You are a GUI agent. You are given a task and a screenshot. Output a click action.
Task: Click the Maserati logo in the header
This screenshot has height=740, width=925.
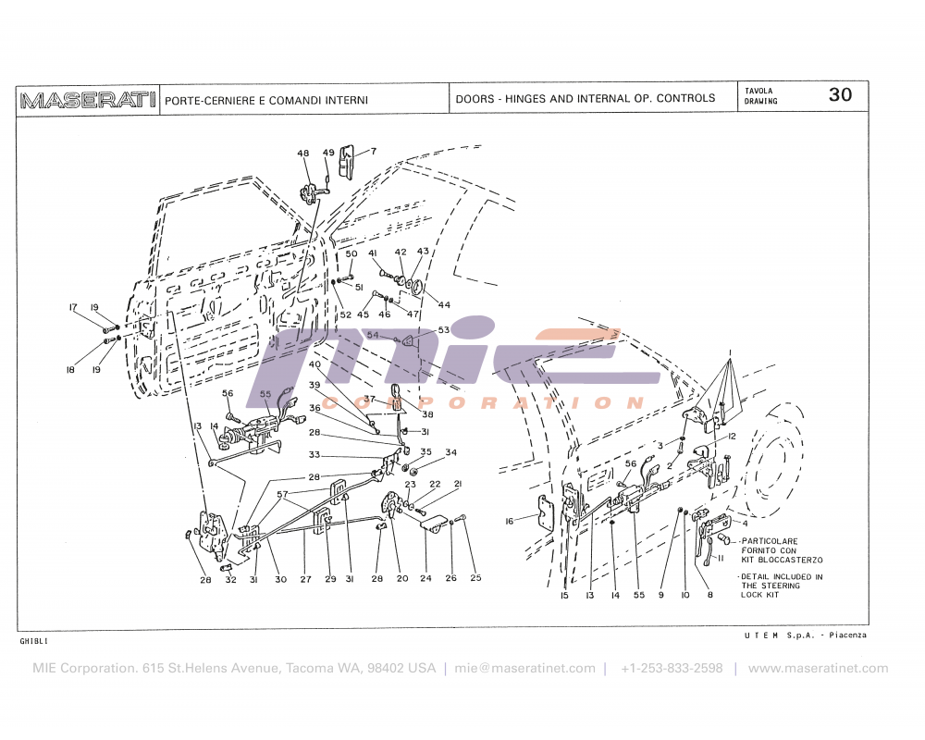click(x=88, y=99)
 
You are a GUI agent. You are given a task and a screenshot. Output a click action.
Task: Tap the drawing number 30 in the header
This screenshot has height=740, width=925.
click(x=840, y=95)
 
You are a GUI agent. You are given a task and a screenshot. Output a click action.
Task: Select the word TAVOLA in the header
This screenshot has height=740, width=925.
click(x=759, y=91)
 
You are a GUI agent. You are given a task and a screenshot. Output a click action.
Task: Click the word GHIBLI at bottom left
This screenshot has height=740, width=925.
click(x=33, y=640)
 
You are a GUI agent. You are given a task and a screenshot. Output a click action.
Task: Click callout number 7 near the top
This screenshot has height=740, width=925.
click(x=374, y=151)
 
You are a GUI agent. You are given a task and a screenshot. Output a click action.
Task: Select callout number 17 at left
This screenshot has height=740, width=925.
click(x=72, y=307)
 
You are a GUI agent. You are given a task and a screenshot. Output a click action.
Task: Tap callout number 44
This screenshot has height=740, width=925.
click(x=444, y=304)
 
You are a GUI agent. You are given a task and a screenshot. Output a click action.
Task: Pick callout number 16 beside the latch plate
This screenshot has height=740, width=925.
click(x=509, y=522)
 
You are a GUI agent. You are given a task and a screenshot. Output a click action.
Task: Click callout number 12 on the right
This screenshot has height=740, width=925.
click(x=731, y=436)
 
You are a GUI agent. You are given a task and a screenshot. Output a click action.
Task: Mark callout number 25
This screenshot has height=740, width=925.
click(x=475, y=579)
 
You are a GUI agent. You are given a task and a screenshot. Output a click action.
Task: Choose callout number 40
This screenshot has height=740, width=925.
click(x=315, y=364)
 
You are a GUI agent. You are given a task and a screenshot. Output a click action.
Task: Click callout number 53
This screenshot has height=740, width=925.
click(x=443, y=329)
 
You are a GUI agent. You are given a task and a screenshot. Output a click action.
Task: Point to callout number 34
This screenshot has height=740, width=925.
click(x=450, y=452)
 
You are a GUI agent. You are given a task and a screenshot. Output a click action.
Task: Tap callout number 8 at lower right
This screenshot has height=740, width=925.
click(x=710, y=596)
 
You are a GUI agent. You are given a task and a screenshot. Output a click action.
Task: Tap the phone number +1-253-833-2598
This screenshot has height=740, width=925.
click(x=672, y=668)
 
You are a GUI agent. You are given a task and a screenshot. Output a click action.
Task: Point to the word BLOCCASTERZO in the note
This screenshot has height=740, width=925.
click(x=792, y=560)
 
